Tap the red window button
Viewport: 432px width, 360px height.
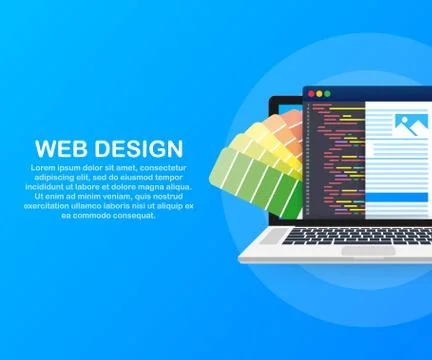(311, 93)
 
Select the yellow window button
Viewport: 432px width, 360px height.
(319, 93)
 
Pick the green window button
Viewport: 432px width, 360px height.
(327, 93)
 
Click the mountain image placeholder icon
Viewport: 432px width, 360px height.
(411, 125)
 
